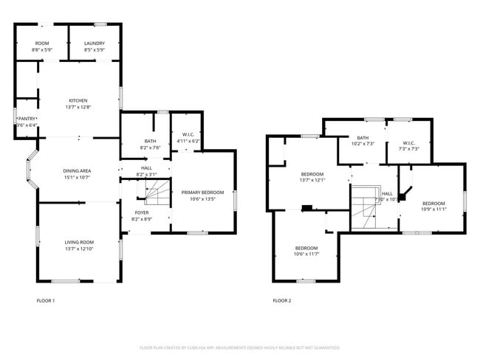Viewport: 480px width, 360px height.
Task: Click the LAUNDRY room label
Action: coord(94,44)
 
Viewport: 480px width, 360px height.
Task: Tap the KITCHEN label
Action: coord(78,101)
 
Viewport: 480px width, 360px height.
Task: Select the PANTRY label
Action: coord(27,118)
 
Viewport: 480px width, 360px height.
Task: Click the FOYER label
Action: coord(141,213)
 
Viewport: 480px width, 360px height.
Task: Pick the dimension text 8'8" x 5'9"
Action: coord(41,50)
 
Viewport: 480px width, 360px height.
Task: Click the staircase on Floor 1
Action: coord(157,195)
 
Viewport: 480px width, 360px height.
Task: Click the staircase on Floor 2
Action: coord(365,208)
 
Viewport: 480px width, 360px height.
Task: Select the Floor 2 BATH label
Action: coord(363,137)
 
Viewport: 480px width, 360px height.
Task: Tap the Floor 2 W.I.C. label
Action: coord(409,143)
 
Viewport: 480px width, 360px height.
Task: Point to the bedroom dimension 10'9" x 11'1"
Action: coord(433,210)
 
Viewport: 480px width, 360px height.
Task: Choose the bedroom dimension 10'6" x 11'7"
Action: coord(306,254)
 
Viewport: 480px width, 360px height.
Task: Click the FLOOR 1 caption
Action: coord(46,301)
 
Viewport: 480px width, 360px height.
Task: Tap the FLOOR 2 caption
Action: coord(282,301)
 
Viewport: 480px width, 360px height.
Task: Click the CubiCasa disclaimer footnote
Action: coord(239,347)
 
